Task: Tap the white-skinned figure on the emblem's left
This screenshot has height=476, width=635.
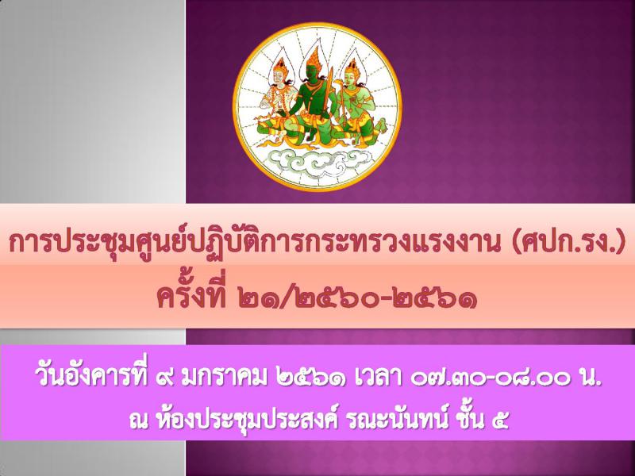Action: point(275,102)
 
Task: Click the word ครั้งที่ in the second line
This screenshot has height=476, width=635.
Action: point(191,296)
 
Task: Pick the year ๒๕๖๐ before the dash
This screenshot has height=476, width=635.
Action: point(335,300)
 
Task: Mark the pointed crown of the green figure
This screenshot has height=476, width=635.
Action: point(313,59)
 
